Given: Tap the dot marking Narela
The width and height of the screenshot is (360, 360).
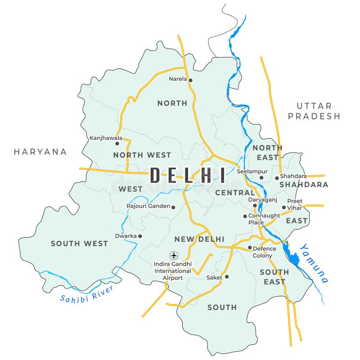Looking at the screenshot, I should coord(190,81).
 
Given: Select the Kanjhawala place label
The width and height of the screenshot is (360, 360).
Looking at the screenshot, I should coord(106,138).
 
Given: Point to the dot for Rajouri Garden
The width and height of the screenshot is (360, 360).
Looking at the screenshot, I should coord(173,207).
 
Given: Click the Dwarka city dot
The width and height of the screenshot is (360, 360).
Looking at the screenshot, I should coord(140,236).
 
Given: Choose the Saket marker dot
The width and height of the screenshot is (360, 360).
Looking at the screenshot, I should coord(227,277).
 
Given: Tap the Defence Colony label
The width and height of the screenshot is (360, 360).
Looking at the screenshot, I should coord(265,252).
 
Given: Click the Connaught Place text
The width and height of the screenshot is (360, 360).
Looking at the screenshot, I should coord(264,219).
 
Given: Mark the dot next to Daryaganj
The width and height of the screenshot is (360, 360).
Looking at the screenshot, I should coord(255,206).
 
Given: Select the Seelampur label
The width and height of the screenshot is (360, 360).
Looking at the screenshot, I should coord(252,171).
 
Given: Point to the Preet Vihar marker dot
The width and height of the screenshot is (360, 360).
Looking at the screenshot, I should coord(284,207).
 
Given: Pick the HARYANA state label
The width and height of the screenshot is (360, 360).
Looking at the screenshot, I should coord(40,152).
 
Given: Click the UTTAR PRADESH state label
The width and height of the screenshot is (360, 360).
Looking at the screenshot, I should coord(314,111).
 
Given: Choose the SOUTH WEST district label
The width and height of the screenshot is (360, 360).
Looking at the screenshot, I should coord(79,243).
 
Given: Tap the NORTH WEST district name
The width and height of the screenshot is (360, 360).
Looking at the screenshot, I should coord(142,155).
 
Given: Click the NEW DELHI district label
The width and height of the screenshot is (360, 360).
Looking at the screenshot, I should coord(199,239).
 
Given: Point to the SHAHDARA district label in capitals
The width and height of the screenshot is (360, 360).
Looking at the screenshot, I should coord(304,184).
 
